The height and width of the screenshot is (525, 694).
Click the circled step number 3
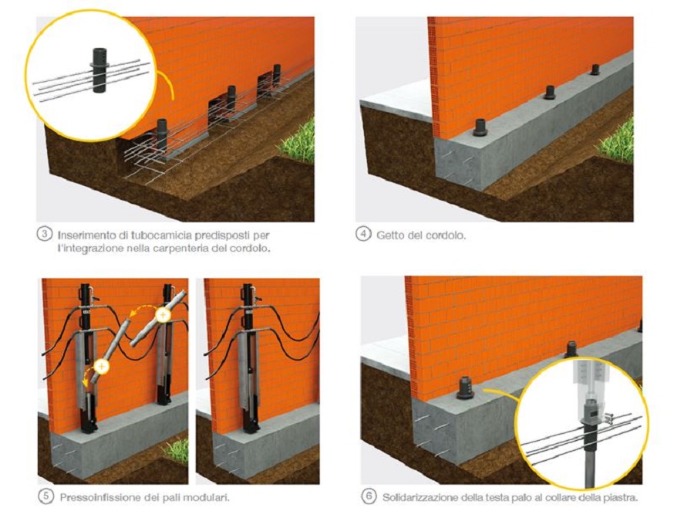(x=44, y=233)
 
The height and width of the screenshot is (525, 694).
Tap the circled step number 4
(x=363, y=234)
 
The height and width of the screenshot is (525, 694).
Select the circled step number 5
(x=46, y=496)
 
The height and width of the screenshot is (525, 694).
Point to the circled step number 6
(x=369, y=496)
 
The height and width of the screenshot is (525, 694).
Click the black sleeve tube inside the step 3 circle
(x=97, y=70)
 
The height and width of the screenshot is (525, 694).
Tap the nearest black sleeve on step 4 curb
(x=480, y=127)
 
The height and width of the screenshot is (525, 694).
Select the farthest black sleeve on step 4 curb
(x=595, y=69)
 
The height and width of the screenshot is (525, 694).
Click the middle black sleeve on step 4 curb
(x=550, y=92)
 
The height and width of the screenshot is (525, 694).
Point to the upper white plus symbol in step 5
(x=163, y=316)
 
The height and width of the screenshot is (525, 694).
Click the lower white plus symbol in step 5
(x=102, y=367)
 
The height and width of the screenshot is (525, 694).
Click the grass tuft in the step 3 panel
(x=298, y=141)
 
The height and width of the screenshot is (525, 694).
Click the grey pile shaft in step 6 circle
(x=591, y=466)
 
